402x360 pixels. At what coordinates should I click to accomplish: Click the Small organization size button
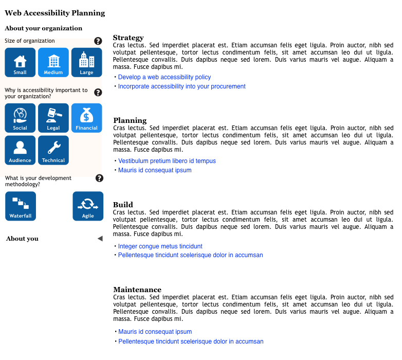pos(20,63)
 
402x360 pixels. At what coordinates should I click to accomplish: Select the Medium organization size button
pos(53,63)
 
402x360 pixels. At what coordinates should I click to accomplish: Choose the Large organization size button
pos(87,63)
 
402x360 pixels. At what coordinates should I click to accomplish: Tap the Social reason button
pos(20,118)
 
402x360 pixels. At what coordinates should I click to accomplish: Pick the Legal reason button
pos(53,118)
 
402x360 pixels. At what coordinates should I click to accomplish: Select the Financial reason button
pos(86,118)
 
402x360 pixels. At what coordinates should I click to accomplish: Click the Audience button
pos(20,150)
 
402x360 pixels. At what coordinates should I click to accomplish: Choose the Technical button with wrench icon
pos(53,150)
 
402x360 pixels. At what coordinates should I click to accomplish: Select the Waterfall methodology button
pos(21,206)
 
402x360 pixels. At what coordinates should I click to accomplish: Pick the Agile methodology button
pos(88,206)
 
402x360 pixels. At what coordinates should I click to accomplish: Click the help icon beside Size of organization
pos(98,41)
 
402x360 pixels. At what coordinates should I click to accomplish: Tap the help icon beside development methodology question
pos(99,178)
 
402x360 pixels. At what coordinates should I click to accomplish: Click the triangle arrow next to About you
pos(100,238)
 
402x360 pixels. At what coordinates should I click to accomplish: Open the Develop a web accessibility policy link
pos(165,77)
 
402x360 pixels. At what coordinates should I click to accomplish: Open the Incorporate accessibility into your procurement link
pos(182,86)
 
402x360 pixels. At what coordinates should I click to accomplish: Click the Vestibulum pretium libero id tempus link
pos(167,161)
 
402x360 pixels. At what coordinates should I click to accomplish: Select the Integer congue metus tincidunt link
pos(160,246)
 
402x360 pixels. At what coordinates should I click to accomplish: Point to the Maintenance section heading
pos(137,290)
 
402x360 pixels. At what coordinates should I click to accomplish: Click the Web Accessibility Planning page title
pos(55,13)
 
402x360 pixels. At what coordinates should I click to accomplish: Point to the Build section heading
pos(123,205)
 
